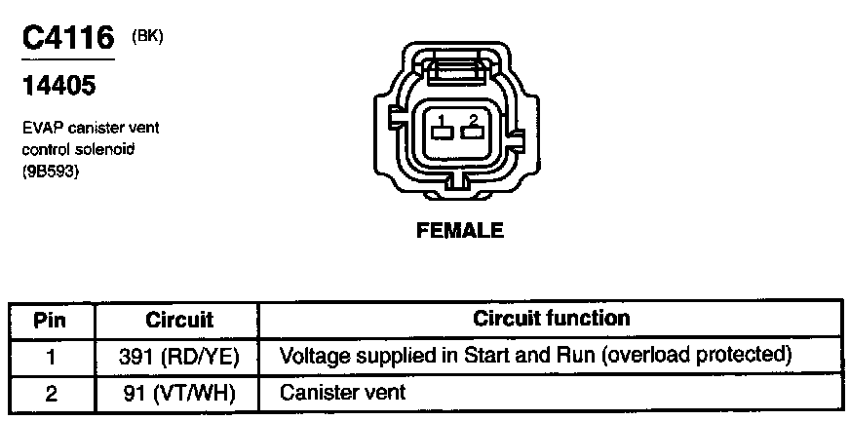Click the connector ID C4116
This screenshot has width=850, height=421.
coord(66,39)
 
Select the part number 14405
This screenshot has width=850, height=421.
coord(58,87)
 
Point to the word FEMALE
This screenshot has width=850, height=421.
coord(459,231)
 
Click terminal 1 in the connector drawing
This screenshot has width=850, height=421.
coord(442,127)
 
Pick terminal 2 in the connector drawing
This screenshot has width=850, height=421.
coord(473,127)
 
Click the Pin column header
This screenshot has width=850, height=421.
coord(50,319)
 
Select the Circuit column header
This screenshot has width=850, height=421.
coord(178,319)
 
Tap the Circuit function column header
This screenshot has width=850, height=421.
coord(551,318)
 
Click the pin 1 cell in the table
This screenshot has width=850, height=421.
coord(50,356)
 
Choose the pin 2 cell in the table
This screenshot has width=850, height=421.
coord(50,393)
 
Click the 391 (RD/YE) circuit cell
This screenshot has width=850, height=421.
coord(179,356)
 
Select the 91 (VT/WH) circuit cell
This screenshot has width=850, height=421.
coord(179,393)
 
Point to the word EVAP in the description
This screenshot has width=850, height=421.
coord(40,128)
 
